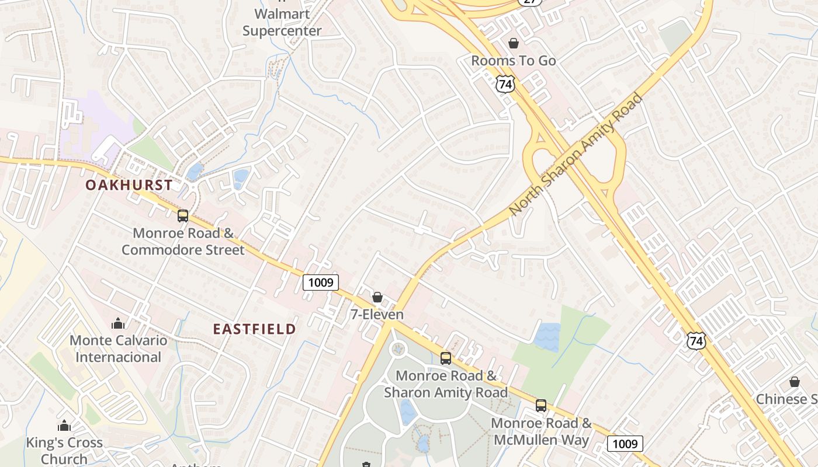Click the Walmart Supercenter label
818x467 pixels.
282,22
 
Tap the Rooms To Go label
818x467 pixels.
514,61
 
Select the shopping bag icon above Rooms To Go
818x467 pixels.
514,43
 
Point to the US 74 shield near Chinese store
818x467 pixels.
696,341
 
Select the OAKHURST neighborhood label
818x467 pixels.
129,186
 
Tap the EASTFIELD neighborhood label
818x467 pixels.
254,329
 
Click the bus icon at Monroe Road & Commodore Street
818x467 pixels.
183,216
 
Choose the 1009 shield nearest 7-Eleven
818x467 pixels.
321,283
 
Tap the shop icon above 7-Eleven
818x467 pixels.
377,298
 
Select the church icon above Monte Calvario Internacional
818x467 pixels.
118,323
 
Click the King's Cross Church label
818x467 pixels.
64,451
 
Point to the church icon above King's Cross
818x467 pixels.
64,426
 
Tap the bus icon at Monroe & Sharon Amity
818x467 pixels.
446,358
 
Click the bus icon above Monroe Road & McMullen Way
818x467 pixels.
541,406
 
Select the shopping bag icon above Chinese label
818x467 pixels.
794,382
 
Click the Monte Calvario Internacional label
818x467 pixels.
118,348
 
